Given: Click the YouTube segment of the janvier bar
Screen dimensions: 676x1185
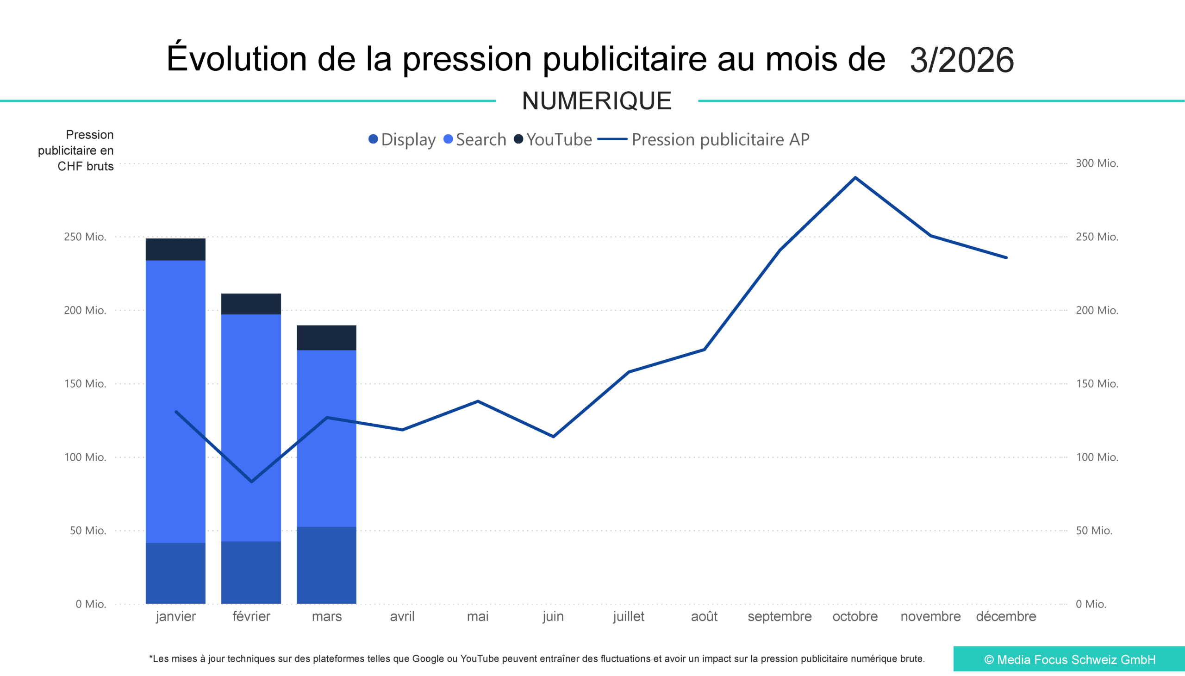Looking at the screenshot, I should (x=175, y=249).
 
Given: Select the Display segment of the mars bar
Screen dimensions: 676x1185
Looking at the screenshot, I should (x=326, y=565).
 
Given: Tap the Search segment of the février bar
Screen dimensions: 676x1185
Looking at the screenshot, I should (x=251, y=427).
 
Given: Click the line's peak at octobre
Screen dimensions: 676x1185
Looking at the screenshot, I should (x=855, y=178).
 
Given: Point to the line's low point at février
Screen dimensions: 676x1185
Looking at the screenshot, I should (x=251, y=482).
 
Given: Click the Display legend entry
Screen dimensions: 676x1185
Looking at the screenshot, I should (x=402, y=140).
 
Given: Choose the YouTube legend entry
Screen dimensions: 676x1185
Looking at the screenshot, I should (x=553, y=140).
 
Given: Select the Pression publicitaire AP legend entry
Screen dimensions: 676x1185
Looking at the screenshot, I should (x=703, y=140).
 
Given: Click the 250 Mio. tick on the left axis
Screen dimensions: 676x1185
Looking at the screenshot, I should (x=85, y=237).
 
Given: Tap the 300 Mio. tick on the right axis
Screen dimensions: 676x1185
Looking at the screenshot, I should (x=1097, y=163).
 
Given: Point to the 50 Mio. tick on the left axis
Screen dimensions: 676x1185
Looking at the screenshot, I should (x=88, y=531).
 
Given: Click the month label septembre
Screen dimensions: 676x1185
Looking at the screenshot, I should (x=780, y=617).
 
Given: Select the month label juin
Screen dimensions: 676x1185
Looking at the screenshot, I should (x=553, y=617).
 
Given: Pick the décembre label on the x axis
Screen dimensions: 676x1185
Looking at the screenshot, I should (x=1006, y=617).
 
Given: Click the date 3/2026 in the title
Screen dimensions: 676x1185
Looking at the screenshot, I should (x=961, y=60).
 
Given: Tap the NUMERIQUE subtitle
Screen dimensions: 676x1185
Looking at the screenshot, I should (x=597, y=101).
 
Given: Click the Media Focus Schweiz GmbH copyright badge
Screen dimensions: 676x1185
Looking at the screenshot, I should (x=1069, y=659).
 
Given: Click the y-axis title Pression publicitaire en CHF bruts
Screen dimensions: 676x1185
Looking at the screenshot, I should (x=76, y=150).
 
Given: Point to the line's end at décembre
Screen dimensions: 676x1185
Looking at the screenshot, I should (x=1006, y=258).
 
